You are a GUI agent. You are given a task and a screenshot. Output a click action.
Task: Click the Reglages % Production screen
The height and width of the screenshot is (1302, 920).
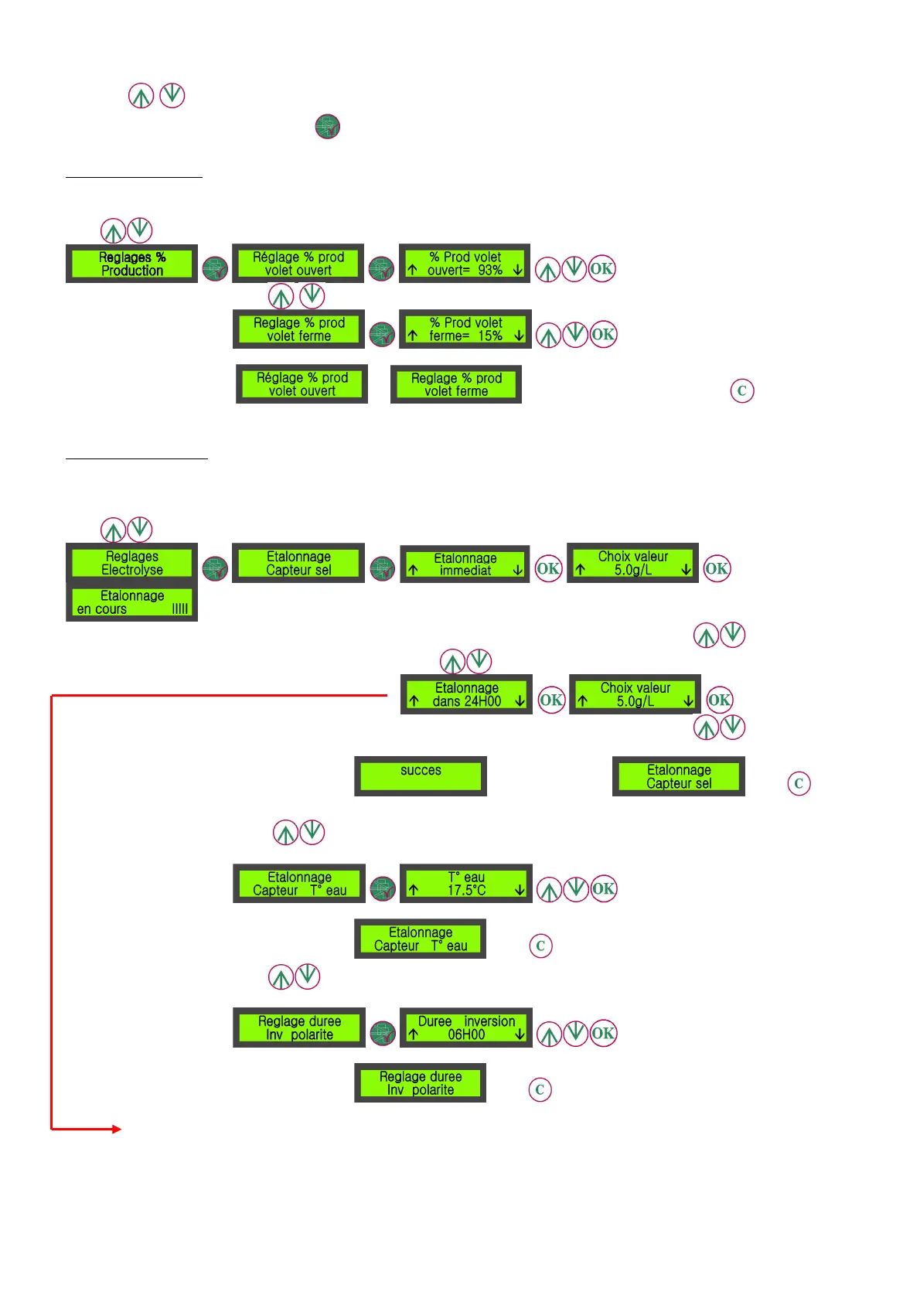[x=131, y=264]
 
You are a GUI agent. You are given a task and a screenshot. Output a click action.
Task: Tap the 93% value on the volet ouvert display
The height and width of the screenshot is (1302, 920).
[x=490, y=271]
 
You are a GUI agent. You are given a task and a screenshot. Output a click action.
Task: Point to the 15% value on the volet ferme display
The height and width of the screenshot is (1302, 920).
[x=490, y=336]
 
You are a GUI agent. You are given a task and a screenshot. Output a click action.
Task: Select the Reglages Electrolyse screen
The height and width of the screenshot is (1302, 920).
[x=131, y=563]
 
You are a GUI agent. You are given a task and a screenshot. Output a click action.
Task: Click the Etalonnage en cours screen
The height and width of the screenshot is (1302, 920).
[x=131, y=602]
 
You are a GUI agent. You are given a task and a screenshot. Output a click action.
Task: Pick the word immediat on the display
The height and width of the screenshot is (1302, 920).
[x=465, y=571]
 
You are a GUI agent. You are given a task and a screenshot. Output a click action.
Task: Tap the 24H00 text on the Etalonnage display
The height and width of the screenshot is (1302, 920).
[x=483, y=701]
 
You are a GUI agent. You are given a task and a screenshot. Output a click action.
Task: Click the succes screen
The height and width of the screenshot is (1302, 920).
[x=421, y=775]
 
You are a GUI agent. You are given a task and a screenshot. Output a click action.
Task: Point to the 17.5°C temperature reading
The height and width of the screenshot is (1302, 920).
[x=466, y=890]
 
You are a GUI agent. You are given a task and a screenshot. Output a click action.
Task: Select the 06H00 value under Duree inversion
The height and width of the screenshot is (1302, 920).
[x=466, y=1034]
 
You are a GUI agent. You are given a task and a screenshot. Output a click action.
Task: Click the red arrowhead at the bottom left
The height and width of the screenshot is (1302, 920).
[x=117, y=1129]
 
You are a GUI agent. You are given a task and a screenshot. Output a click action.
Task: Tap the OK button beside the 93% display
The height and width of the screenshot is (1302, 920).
[x=602, y=269]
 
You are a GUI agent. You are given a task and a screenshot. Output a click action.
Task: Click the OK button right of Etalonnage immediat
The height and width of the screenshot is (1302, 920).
[x=548, y=568]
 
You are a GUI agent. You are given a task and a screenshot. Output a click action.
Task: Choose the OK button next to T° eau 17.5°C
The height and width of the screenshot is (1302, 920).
[x=603, y=888]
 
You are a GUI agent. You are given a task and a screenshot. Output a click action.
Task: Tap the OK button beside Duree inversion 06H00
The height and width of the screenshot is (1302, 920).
[x=603, y=1033]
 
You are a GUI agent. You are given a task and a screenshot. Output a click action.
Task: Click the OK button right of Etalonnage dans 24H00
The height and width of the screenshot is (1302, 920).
[x=551, y=700]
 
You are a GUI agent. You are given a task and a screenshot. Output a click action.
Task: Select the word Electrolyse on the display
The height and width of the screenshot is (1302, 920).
[x=132, y=570]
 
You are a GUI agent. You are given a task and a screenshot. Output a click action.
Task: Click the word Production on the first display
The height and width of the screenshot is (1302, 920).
[x=132, y=271]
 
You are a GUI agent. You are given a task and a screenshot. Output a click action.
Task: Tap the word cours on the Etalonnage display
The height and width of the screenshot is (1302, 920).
[x=111, y=609]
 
